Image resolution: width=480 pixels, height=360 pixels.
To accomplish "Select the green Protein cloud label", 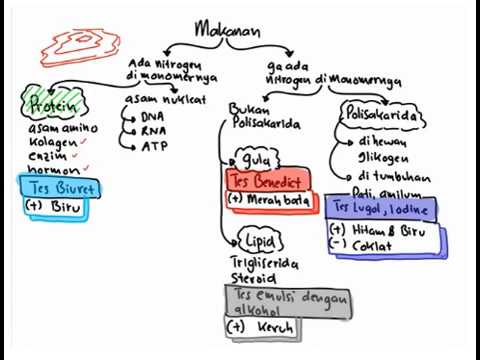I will [x=50, y=103].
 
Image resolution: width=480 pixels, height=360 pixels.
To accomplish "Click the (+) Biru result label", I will [x=55, y=207].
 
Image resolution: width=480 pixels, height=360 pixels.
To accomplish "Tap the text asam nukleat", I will [x=164, y=101].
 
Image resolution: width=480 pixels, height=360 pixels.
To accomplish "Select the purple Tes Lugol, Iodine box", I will [x=380, y=208].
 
